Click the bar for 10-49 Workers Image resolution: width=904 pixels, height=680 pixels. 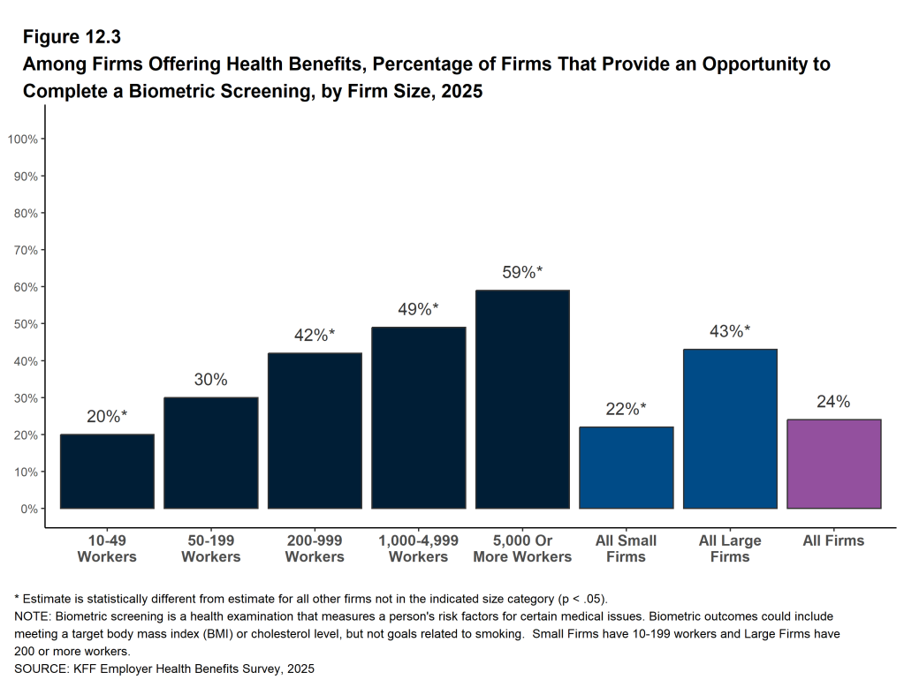(107, 472)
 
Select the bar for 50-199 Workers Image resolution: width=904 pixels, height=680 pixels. (211, 453)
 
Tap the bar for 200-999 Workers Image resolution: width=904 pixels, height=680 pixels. (315, 431)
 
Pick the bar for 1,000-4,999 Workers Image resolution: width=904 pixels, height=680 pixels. (419, 418)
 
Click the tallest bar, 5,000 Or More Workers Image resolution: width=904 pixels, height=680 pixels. (522, 399)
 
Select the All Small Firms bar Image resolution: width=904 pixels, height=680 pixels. (627, 468)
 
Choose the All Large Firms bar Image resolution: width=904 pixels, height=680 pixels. (730, 429)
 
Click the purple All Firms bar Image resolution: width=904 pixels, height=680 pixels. (834, 465)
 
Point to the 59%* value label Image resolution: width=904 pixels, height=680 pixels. (522, 273)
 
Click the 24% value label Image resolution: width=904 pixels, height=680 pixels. (834, 402)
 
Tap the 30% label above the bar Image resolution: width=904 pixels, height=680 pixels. (211, 380)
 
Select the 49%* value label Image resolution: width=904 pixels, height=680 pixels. (419, 309)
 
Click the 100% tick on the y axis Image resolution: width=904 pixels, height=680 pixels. (23, 140)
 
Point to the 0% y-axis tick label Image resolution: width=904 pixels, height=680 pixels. (28, 509)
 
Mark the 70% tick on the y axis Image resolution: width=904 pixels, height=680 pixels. (26, 250)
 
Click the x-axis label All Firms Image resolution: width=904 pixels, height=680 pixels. (833, 540)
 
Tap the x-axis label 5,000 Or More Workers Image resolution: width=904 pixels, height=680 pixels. (522, 548)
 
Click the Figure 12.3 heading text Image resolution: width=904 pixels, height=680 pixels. (72, 37)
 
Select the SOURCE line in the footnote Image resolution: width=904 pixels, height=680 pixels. (164, 669)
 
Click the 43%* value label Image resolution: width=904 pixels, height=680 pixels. (730, 331)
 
